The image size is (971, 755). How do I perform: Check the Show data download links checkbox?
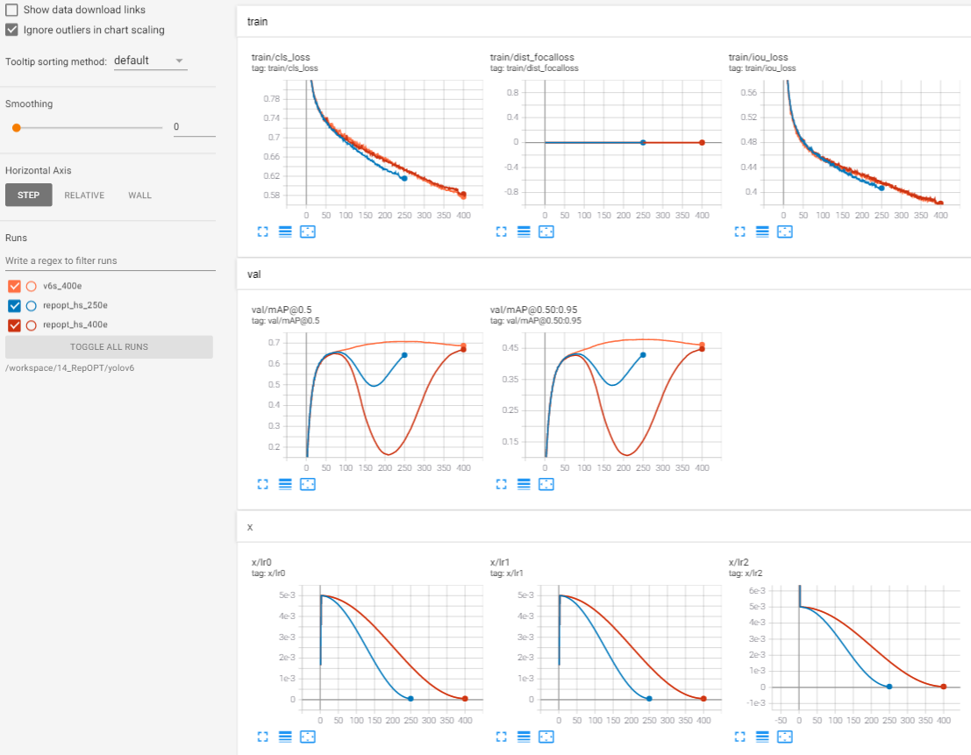pyautogui.click(x=12, y=10)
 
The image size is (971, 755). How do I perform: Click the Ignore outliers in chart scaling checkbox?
pyautogui.click(x=12, y=30)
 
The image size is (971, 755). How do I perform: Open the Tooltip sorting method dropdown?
pyautogui.click(x=150, y=61)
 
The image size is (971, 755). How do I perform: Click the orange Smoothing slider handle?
pyautogui.click(x=16, y=127)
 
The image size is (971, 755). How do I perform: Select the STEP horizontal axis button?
pyautogui.click(x=28, y=196)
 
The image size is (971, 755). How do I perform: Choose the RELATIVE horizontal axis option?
pyautogui.click(x=84, y=196)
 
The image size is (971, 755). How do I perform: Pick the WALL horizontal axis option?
pyautogui.click(x=139, y=196)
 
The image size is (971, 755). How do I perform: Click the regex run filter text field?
pyautogui.click(x=110, y=260)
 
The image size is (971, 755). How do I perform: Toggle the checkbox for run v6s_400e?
pyautogui.click(x=14, y=286)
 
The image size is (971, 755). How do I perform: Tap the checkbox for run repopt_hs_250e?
pyautogui.click(x=14, y=306)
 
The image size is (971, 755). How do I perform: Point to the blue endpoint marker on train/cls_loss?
pyautogui.click(x=404, y=178)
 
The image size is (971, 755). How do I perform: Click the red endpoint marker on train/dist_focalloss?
pyautogui.click(x=702, y=142)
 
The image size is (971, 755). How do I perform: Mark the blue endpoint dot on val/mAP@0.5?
pyautogui.click(x=404, y=355)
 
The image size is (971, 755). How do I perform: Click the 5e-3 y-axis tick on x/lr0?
pyautogui.click(x=286, y=595)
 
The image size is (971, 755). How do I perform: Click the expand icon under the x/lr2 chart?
pyautogui.click(x=739, y=737)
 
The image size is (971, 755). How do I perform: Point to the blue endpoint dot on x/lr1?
pyautogui.click(x=649, y=699)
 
